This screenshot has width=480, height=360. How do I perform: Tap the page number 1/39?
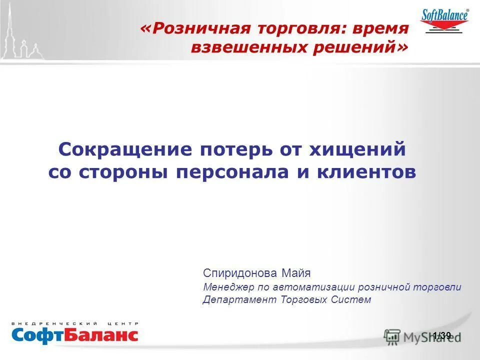[441, 335]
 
